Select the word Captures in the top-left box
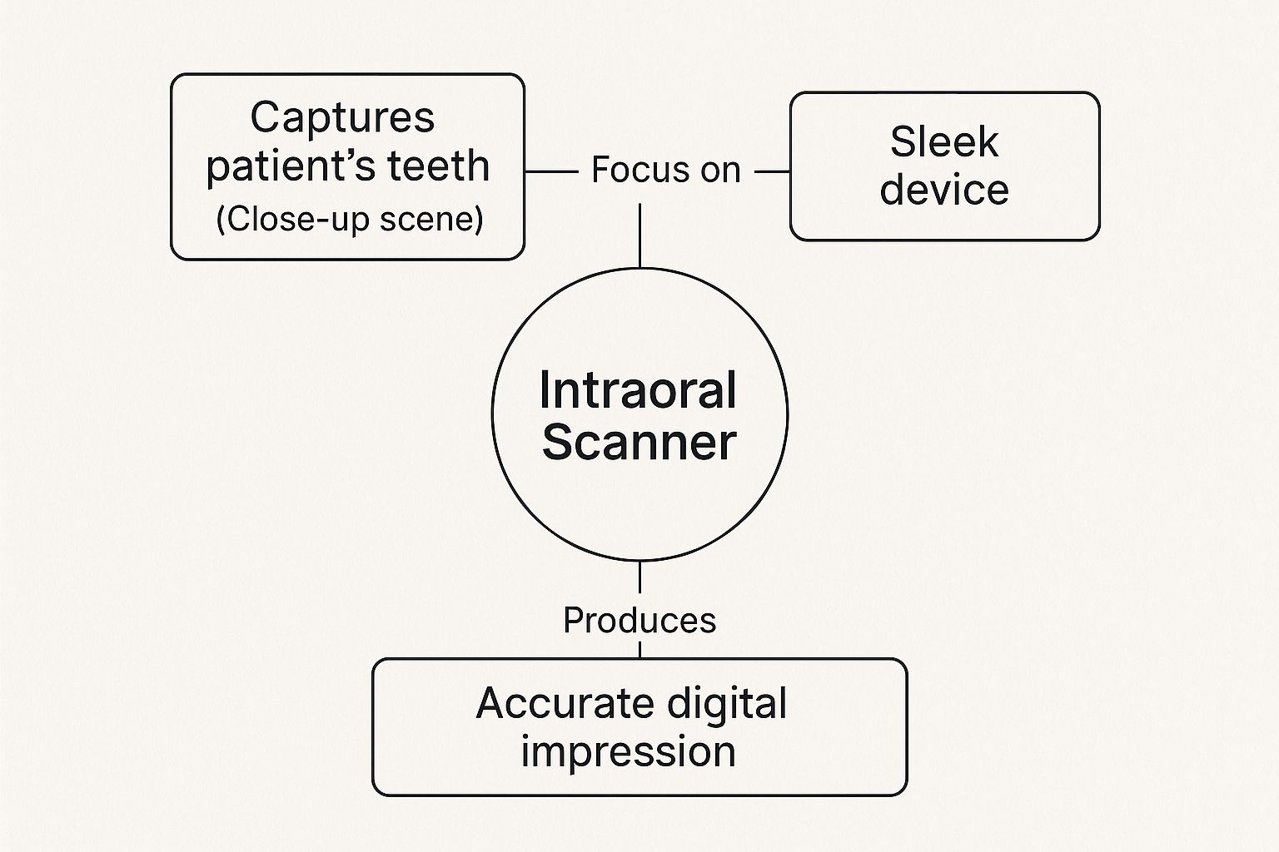[x=342, y=117]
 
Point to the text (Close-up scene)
[x=349, y=219]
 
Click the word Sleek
[x=943, y=141]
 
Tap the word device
[x=944, y=190]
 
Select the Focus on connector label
[x=665, y=171]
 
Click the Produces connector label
[x=639, y=621]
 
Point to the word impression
[x=629, y=752]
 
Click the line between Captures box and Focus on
[x=551, y=172]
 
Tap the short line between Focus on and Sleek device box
[x=772, y=172]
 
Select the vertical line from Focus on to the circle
[x=639, y=235]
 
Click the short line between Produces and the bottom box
[x=639, y=649]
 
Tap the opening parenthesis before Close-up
[x=221, y=220]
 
